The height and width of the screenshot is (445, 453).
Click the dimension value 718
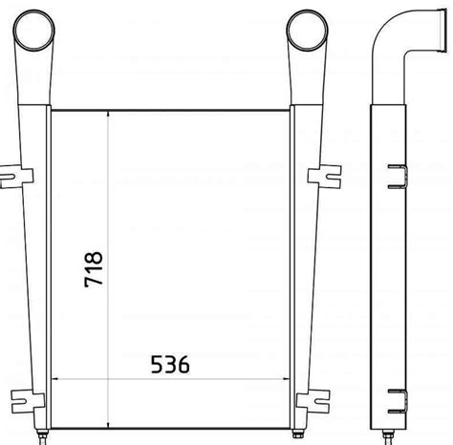94,269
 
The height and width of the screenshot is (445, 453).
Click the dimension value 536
170,365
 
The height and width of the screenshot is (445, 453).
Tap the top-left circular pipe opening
33,31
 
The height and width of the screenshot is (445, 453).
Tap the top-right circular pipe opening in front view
307,31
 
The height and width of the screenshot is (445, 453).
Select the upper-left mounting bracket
16,178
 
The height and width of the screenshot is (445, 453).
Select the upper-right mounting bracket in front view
324,177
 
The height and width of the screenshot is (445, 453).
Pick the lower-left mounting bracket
27,402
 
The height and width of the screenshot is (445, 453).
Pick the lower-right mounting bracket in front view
313,401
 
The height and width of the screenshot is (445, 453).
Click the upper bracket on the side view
398,177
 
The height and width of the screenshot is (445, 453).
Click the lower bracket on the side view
398,401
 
